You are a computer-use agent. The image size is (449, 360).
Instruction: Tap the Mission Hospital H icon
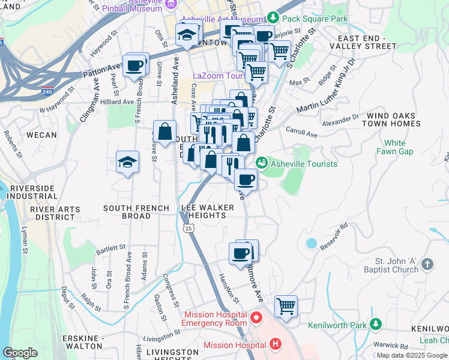point(276,344)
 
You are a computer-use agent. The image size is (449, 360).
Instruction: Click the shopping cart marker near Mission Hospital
point(286,306)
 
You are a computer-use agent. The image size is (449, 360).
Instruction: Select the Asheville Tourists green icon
point(262,163)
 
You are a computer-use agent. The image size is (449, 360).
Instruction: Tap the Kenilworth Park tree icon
point(376,325)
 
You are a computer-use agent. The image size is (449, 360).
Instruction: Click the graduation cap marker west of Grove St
point(127,162)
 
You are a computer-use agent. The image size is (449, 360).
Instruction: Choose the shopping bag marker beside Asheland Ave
point(164,131)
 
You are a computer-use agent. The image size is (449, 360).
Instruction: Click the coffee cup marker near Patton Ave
point(134,65)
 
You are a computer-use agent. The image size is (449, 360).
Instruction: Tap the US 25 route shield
point(188,229)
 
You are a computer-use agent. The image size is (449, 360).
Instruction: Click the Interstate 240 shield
point(47,92)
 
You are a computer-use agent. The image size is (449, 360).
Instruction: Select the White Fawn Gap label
point(394,147)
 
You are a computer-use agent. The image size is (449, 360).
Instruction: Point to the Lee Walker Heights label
point(203,211)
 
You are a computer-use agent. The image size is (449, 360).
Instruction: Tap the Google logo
point(20,353)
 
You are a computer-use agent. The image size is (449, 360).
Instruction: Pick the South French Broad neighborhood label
point(127,212)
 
